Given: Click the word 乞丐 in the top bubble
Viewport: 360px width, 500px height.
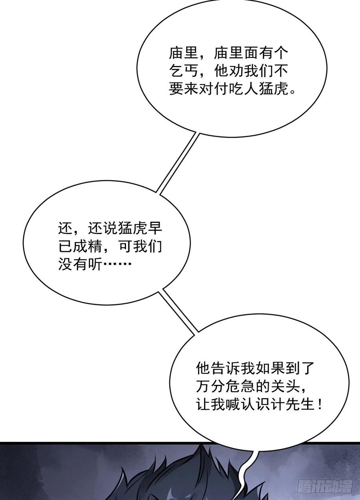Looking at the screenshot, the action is [184, 72].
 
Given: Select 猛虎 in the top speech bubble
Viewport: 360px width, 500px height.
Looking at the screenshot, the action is [274, 90].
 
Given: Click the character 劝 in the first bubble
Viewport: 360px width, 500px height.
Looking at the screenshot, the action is [237, 72].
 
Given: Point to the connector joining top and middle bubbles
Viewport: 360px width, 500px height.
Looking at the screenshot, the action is [177, 163].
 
